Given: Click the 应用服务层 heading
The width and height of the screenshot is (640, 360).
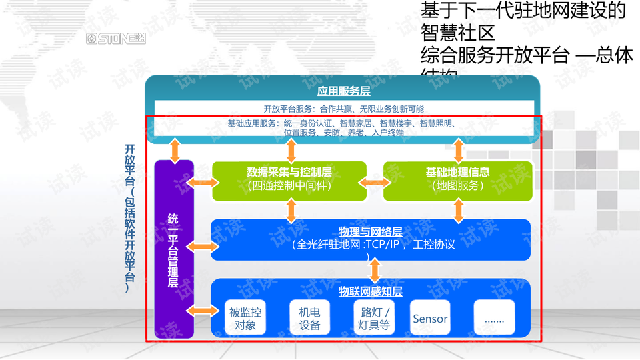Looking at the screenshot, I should (343, 91).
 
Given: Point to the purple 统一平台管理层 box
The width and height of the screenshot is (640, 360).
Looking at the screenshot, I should (173, 249).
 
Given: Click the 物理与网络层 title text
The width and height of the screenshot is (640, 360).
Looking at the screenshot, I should (370, 232).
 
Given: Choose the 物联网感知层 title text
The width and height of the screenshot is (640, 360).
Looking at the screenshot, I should (370, 291).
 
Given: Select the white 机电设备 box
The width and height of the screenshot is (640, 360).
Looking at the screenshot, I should (309, 318).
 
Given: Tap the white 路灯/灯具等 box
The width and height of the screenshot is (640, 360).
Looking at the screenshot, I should (374, 318).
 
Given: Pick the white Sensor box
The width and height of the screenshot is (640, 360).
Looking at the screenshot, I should (430, 318).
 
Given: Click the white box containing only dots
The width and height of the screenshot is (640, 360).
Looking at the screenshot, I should (494, 318).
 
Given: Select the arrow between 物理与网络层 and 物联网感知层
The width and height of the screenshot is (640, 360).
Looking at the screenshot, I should (375, 270).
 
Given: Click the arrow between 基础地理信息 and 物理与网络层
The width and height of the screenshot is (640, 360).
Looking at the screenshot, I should (459, 210).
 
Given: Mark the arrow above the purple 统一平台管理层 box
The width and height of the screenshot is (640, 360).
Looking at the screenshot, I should (175, 149).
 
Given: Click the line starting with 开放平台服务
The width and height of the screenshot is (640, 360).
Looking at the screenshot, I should (343, 109).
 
